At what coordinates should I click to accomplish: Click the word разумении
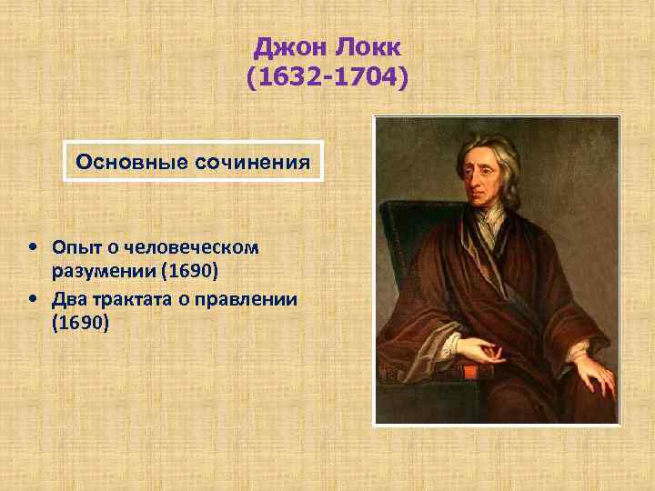(x=98, y=273)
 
